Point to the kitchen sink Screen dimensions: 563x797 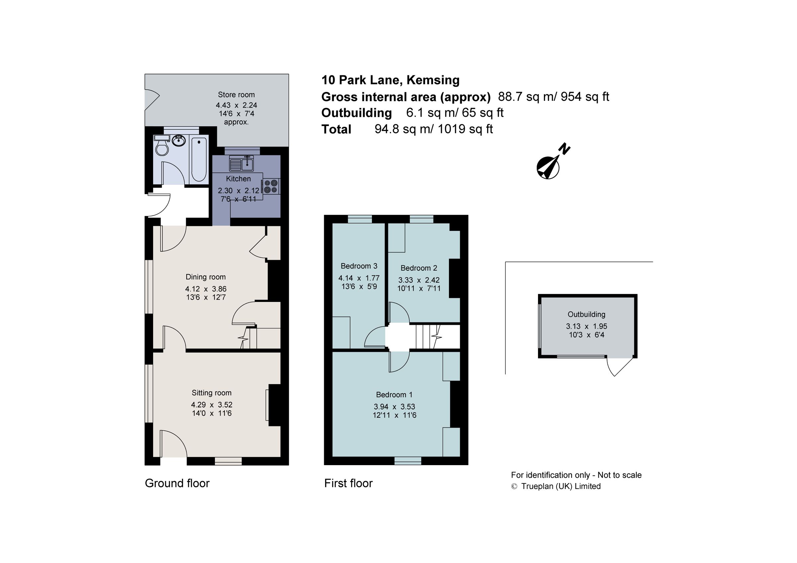(x=242, y=163)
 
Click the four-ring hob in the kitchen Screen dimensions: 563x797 (x=271, y=186)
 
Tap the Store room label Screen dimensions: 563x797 (x=236, y=95)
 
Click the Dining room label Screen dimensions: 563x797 (x=206, y=277)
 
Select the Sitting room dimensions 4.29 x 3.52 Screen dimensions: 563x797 (x=212, y=404)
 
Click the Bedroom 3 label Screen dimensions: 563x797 (x=359, y=266)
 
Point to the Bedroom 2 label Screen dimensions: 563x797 (x=419, y=268)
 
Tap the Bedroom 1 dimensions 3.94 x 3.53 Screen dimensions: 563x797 (x=394, y=406)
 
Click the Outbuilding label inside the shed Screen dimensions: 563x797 (x=586, y=314)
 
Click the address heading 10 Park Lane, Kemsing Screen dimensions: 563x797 (x=390, y=80)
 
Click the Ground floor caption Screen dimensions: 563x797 (x=177, y=483)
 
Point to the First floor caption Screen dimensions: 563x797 (x=348, y=483)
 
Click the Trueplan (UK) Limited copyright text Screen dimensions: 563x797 (x=560, y=486)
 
